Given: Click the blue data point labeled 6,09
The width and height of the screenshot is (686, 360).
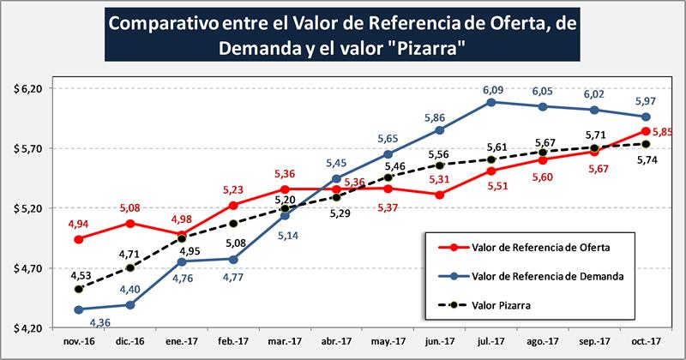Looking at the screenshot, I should [490, 102].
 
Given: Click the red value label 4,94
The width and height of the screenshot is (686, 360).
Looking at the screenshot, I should [79, 223].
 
